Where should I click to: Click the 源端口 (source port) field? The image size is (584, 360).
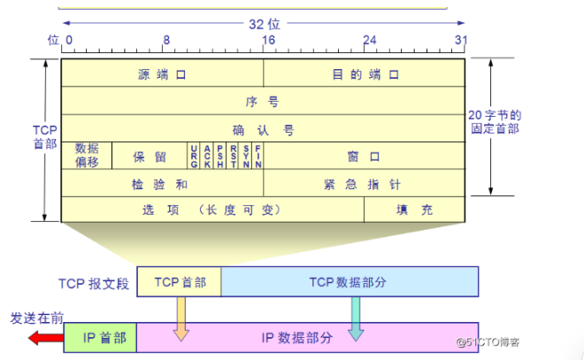tap(162, 74)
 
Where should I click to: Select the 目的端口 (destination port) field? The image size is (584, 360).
tap(365, 74)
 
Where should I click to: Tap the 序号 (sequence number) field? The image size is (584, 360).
tap(263, 102)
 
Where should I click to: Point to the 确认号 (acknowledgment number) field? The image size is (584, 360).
tap(263, 129)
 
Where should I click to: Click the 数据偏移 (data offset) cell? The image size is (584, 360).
tap(87, 156)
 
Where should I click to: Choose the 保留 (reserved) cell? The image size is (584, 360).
tap(149, 157)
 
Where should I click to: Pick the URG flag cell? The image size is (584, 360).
tap(194, 156)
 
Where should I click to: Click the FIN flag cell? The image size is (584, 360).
tap(257, 156)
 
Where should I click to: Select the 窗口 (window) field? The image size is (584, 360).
tap(365, 157)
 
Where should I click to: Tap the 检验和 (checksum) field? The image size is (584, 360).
tap(162, 183)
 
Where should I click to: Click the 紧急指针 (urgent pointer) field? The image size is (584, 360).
tap(365, 183)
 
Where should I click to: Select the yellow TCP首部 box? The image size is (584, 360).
tap(180, 281)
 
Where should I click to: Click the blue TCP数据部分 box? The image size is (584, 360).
tap(350, 281)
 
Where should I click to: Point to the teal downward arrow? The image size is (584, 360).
tap(355, 318)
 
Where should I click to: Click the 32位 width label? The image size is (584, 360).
tap(263, 25)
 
